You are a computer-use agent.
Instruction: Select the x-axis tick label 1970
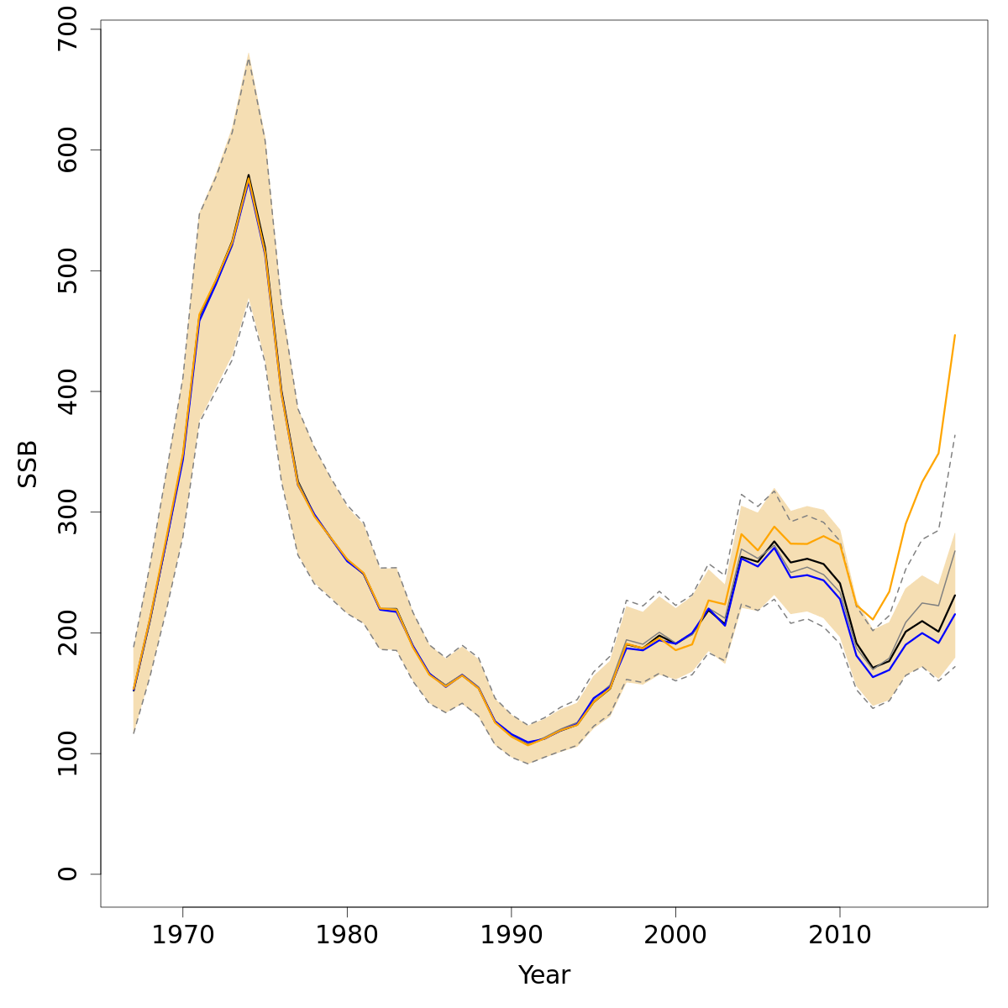pos(182,936)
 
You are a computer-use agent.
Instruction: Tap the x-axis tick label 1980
pos(347,936)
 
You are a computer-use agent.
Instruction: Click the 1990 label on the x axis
pos(511,936)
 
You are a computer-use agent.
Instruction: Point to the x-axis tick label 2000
pos(675,936)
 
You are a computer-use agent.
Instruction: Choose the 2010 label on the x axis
pos(840,936)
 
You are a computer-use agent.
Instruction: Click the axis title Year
pos(544,975)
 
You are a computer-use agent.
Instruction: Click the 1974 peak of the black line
pos(249,175)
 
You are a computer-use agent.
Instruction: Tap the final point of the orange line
pos(955,334)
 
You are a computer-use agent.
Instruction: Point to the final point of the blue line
pos(955,614)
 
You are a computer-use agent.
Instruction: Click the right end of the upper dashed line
pos(955,434)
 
